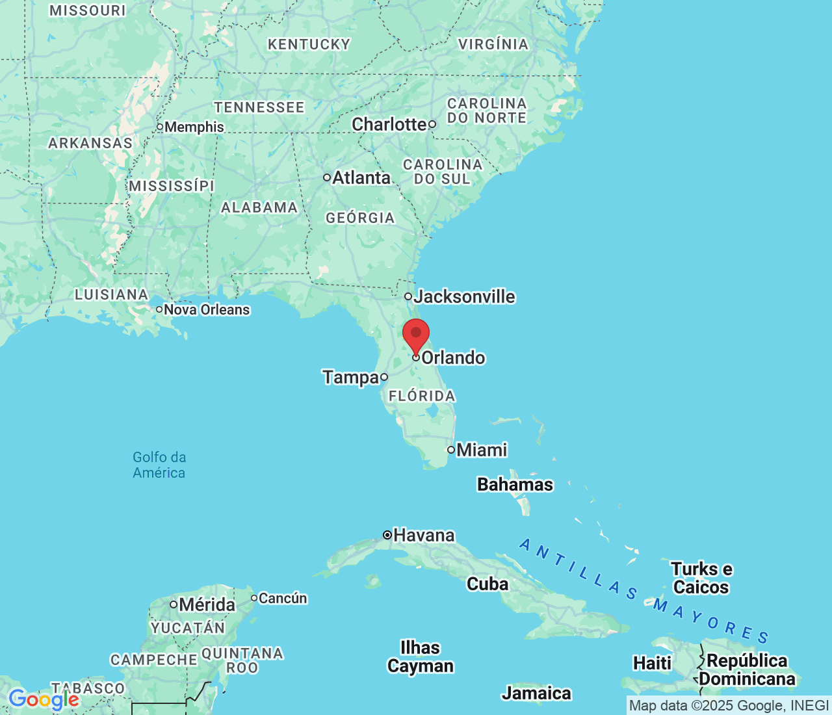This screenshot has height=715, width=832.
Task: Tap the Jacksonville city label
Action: coord(464,297)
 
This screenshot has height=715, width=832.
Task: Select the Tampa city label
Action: coord(351,377)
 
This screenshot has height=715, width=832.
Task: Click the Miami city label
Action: coord(481,450)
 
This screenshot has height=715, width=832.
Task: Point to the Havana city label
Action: coord(424,536)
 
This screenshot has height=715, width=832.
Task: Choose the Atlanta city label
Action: coord(361,177)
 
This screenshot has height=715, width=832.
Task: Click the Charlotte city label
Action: coord(389,124)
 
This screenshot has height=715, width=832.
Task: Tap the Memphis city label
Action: coord(194,127)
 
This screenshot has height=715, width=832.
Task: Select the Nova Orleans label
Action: coord(207,310)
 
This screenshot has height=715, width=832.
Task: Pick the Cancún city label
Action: coord(283,598)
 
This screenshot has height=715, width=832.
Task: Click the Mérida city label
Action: coord(207,605)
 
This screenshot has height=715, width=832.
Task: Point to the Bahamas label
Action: coord(515,485)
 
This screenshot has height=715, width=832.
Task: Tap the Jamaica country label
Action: coord(536,694)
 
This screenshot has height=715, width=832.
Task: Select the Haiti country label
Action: coord(652,663)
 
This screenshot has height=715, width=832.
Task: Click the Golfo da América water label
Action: coord(159,465)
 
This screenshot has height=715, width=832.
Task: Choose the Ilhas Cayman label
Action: coord(421,656)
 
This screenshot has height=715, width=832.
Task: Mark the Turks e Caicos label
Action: coord(701,578)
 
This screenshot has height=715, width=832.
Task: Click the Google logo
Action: coord(44,699)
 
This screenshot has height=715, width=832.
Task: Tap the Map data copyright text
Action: coord(729,706)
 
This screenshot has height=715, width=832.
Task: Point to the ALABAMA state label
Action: coord(259,208)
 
